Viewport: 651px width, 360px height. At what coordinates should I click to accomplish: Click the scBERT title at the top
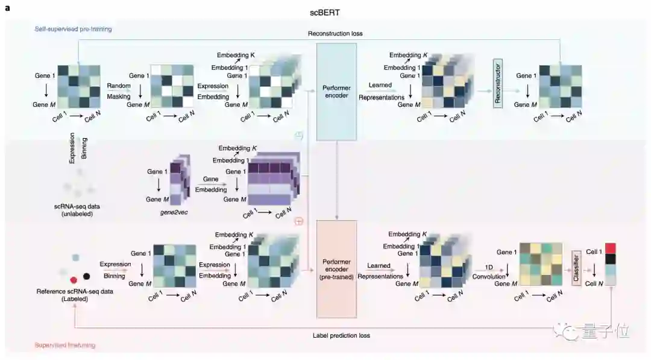point(325,12)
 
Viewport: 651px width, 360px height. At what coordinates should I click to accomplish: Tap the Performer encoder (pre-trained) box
point(336,271)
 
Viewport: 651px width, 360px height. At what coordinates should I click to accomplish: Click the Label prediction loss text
point(341,335)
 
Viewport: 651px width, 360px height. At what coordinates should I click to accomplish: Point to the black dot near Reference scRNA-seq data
point(87,276)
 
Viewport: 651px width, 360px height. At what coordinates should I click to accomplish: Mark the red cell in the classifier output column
point(610,248)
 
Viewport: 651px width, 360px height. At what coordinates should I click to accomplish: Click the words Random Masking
point(119,91)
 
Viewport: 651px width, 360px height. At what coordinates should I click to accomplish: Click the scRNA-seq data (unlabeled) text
point(77,210)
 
